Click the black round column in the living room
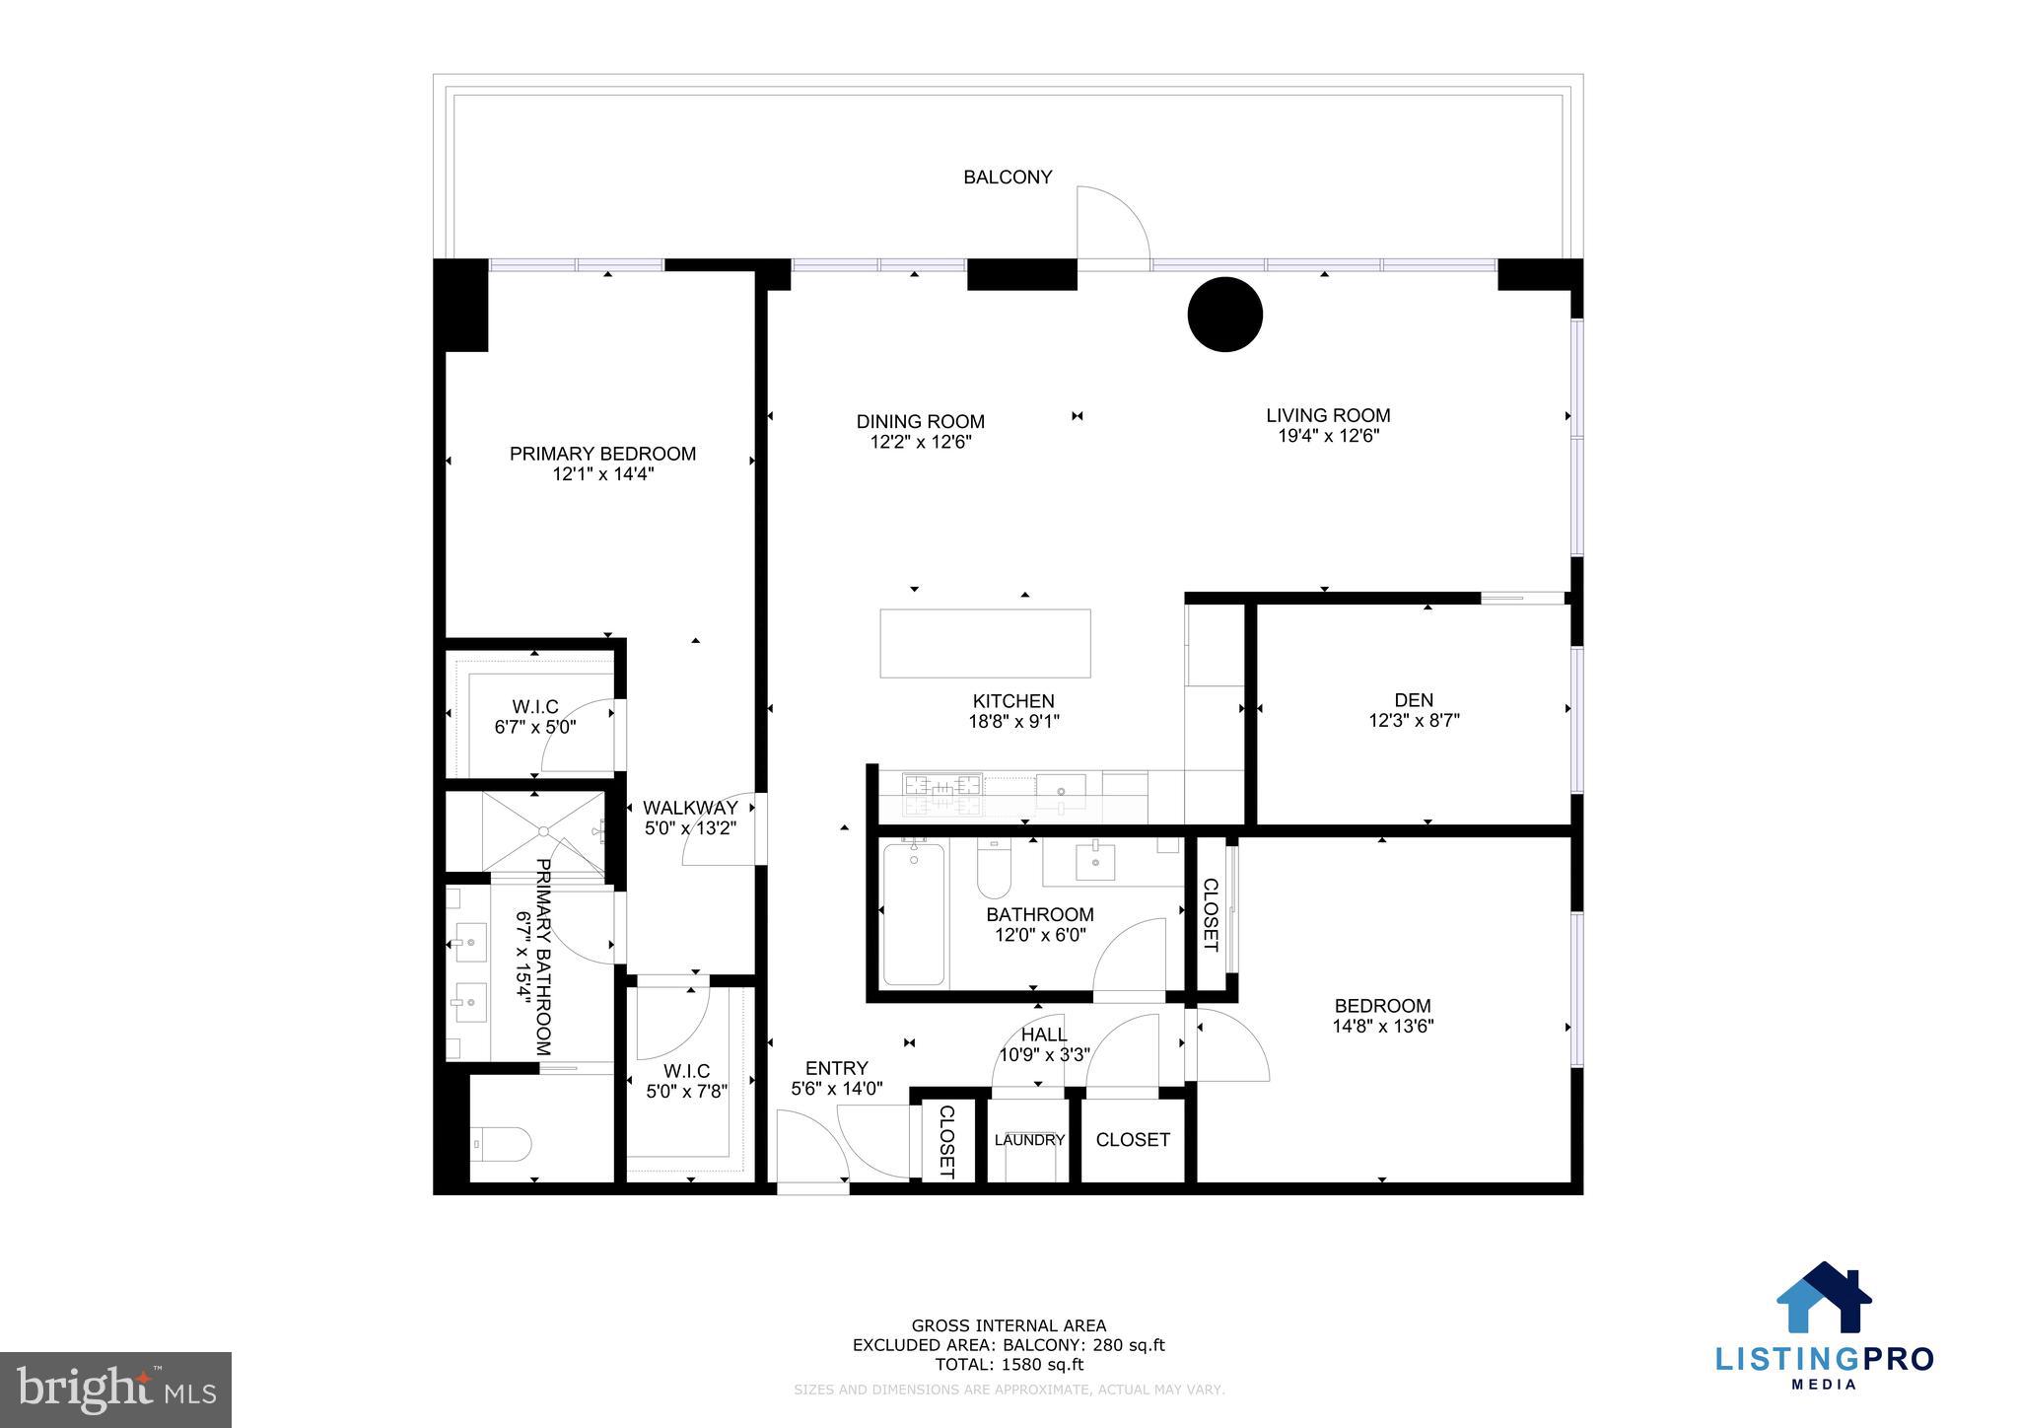click(1224, 315)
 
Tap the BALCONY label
click(1008, 178)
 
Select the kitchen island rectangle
click(985, 643)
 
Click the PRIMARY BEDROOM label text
click(602, 454)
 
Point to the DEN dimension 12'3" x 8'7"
click(1414, 721)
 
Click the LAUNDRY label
click(1029, 1140)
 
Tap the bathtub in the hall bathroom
click(913, 913)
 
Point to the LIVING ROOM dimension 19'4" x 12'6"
click(1328, 436)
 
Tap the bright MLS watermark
click(115, 1390)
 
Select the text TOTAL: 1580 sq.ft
click(1009, 1365)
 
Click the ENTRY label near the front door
click(836, 1068)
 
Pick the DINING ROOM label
click(920, 422)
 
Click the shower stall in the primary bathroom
click(542, 830)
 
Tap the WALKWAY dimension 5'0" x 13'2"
click(690, 829)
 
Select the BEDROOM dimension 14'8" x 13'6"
click(1382, 1026)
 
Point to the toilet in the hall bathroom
click(990, 868)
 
